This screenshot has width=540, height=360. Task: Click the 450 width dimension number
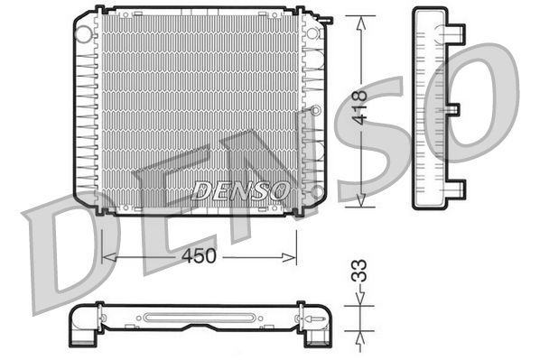point(199,256)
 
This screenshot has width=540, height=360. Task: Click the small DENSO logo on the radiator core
point(240,190)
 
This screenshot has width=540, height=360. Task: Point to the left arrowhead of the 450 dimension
point(107,257)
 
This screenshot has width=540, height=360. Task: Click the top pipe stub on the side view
point(457,33)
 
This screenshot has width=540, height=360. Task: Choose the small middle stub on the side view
point(454,110)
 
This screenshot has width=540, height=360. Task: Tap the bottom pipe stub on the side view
point(457,189)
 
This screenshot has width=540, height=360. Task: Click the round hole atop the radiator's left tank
point(84,34)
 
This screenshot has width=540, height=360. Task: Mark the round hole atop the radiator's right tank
point(316,34)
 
